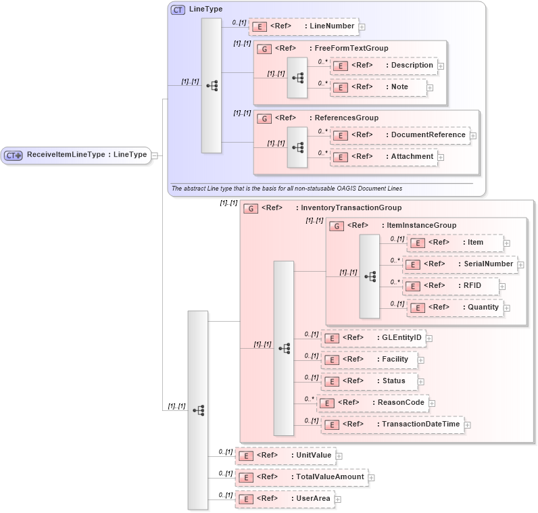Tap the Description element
pyautogui.click(x=383, y=66)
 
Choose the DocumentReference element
pyautogui.click(x=399, y=135)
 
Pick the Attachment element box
pyautogui.click(x=383, y=157)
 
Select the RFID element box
pyautogui.click(x=451, y=286)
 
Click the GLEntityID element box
pyautogui.click(x=372, y=338)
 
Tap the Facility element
pyautogui.click(x=368, y=360)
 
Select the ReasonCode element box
pyautogui.click(x=372, y=403)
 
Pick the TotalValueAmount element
pyautogui.click(x=301, y=477)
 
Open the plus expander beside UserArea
pyautogui.click(x=339, y=499)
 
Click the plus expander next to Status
pyautogui.click(x=421, y=382)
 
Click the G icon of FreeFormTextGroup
pyautogui.click(x=266, y=49)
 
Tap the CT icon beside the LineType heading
pyautogui.click(x=178, y=9)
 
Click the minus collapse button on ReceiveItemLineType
pyautogui.click(x=155, y=155)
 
